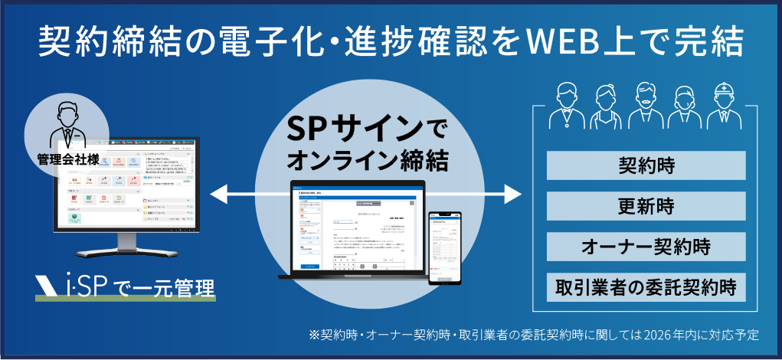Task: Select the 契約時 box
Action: click(x=646, y=165)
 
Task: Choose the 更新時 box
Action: click(x=646, y=206)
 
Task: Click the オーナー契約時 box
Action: click(x=646, y=247)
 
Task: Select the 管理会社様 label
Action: click(x=67, y=160)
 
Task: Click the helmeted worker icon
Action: click(x=722, y=107)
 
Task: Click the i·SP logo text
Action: click(x=85, y=286)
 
